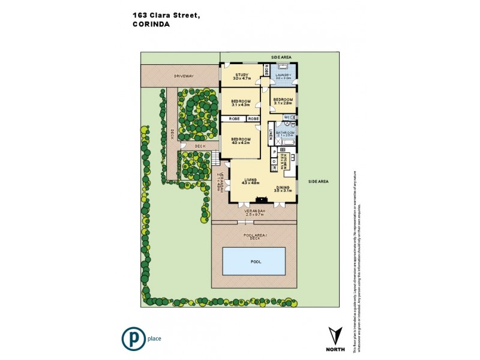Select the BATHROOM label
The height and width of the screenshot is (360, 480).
(x=285, y=133)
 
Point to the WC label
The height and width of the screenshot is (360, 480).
(x=287, y=117)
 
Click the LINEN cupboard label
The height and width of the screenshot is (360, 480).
(x=271, y=134)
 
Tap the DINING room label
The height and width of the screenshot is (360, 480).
(x=283, y=188)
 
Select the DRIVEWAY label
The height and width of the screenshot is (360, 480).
(x=184, y=76)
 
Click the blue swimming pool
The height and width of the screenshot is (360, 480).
(x=254, y=262)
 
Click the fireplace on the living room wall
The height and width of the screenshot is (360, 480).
(x=261, y=200)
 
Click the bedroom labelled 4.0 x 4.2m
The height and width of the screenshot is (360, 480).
(x=240, y=141)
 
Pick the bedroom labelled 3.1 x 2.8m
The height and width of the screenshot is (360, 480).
(x=283, y=101)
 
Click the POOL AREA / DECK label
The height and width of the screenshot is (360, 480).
(x=254, y=237)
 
